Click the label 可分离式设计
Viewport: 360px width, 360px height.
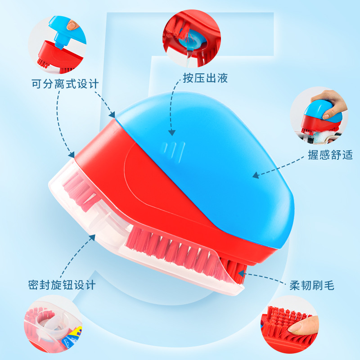(65, 84)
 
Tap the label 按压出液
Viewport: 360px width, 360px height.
(205, 78)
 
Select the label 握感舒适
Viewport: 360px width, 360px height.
(330, 155)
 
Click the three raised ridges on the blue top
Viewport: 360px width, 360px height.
(174, 149)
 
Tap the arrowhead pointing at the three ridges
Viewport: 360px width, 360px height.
(171, 132)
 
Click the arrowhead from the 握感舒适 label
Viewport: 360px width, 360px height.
(255, 175)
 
